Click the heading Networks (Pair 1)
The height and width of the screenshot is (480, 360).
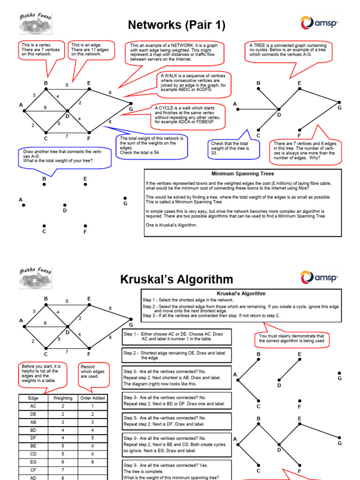coord(177,25)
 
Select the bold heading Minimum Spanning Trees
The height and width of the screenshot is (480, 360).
coord(242,173)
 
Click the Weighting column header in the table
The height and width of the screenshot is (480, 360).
coord(63,398)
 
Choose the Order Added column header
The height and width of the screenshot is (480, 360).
coord(92,398)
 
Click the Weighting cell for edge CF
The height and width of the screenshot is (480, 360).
coord(63,470)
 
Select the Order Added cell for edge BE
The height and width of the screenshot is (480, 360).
coord(92,446)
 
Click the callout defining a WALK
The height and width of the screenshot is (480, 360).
coord(193,83)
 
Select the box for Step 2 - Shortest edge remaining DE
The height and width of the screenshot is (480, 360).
coord(177,355)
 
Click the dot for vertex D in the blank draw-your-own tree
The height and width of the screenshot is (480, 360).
coord(65,205)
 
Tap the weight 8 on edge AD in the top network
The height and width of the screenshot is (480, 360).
coord(45,107)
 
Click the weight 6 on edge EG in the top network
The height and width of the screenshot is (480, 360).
coord(110,93)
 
